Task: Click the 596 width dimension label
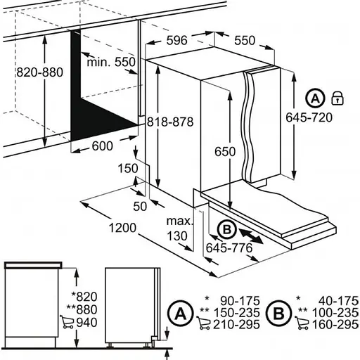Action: pos(177,40)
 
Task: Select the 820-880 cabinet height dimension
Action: pos(40,72)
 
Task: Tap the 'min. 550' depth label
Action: pos(111,63)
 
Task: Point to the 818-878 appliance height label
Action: pos(170,122)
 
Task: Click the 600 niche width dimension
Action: pos(103,146)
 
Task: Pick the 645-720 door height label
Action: pos(309,117)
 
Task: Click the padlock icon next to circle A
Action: pos(337,98)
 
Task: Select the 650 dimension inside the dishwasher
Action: pos(225,152)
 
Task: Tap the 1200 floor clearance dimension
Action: pos(122,228)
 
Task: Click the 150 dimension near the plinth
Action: pos(128,169)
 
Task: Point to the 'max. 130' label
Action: pos(179,229)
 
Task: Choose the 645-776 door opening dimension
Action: pos(229,247)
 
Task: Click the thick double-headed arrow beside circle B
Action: pos(251,237)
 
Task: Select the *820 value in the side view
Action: pos(84,297)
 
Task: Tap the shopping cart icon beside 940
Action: pos(67,322)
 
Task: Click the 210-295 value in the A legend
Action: pos(236,325)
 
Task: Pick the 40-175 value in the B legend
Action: pos(338,301)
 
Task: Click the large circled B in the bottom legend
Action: pos(278,314)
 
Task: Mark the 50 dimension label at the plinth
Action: pos(140,207)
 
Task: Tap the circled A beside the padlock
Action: pos(316,98)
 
